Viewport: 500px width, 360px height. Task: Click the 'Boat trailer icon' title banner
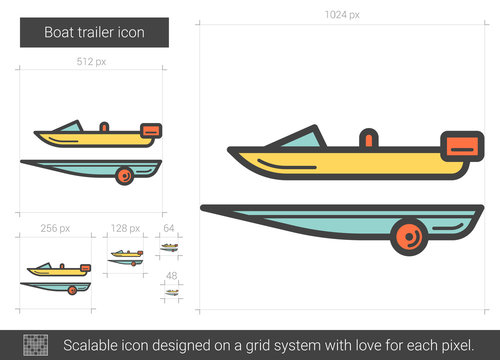[95, 33]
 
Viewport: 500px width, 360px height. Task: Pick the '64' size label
[169, 229]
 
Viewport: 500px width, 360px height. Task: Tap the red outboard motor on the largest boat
[462, 147]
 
